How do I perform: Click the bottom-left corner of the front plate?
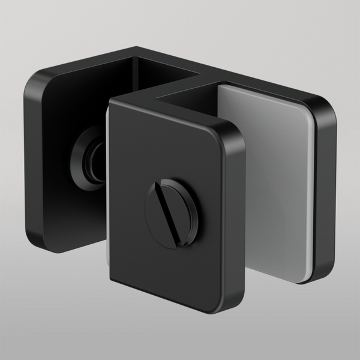point(113,282)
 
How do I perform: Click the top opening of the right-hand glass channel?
point(198,96)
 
